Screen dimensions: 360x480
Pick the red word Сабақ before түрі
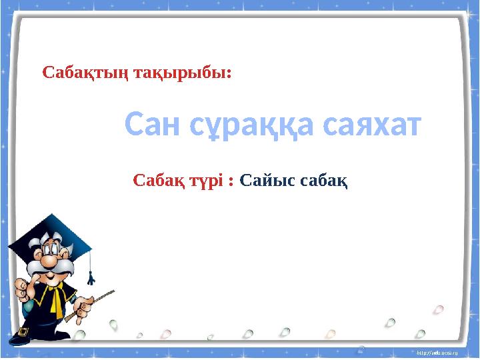[157, 180]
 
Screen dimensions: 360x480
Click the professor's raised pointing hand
[20, 288]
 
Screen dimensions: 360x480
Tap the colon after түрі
[231, 181]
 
